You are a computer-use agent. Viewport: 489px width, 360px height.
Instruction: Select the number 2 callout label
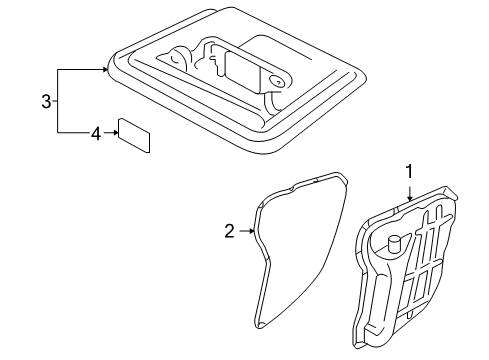click(228, 232)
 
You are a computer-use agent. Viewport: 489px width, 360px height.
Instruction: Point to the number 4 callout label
click(96, 131)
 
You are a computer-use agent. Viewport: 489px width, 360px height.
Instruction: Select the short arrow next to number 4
click(110, 131)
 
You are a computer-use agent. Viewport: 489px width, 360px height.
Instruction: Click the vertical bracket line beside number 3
click(58, 100)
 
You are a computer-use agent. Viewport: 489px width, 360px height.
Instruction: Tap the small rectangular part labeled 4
click(134, 135)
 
